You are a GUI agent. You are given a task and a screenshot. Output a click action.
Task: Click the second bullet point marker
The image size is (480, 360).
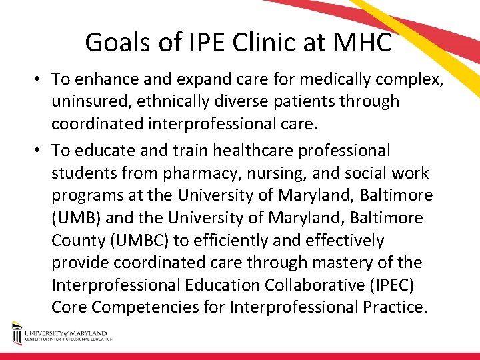coord(41,151)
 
